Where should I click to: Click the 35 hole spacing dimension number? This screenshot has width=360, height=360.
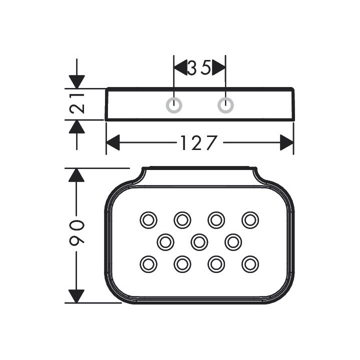point(199,67)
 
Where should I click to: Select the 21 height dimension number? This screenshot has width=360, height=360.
point(77,104)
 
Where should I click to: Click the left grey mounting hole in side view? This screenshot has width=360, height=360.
point(174,105)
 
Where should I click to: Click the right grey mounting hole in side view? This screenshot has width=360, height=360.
point(225,105)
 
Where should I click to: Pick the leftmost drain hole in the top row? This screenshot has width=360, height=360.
point(148,220)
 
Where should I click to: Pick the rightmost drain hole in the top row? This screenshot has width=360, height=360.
point(250,220)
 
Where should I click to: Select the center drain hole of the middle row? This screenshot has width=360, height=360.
point(199,242)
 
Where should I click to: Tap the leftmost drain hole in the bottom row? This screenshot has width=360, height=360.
point(148,263)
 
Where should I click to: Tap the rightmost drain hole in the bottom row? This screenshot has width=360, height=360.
point(250,263)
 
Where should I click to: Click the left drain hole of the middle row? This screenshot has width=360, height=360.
point(165,242)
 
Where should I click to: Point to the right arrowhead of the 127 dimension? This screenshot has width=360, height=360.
point(286,143)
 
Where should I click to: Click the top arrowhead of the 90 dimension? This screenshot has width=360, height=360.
point(76,175)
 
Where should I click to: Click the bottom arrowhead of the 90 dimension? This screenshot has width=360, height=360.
point(76,296)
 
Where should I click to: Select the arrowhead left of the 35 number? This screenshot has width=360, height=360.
point(180,67)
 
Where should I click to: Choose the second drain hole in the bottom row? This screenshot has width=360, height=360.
point(182,263)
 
